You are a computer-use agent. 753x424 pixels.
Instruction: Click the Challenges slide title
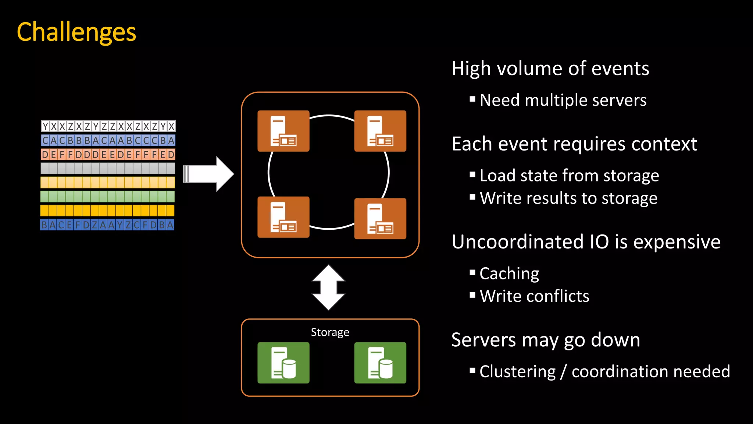[76, 32]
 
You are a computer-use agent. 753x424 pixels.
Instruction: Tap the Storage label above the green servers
[330, 332]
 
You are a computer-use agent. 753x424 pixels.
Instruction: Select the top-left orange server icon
[283, 131]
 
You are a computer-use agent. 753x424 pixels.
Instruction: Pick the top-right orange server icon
[380, 131]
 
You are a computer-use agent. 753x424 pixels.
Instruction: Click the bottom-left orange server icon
[283, 217]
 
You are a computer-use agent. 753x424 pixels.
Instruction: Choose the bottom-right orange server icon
[380, 219]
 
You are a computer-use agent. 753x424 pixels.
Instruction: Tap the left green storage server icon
[283, 363]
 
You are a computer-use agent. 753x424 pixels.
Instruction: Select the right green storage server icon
[380, 363]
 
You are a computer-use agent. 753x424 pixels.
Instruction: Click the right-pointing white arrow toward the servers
[209, 174]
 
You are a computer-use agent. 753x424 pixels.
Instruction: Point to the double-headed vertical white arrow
[328, 287]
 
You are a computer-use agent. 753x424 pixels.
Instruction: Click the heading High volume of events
[550, 69]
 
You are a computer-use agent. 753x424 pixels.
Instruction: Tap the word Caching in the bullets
[509, 273]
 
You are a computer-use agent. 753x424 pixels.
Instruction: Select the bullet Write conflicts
[534, 296]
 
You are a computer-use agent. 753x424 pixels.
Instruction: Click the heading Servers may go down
[545, 340]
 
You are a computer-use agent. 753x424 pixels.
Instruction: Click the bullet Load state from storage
[569, 176]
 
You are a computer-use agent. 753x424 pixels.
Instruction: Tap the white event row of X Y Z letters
[108, 126]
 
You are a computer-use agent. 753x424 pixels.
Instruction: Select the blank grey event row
[108, 168]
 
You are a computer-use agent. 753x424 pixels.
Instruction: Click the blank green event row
[107, 196]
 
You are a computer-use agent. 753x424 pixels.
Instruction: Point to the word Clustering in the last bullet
[517, 371]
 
